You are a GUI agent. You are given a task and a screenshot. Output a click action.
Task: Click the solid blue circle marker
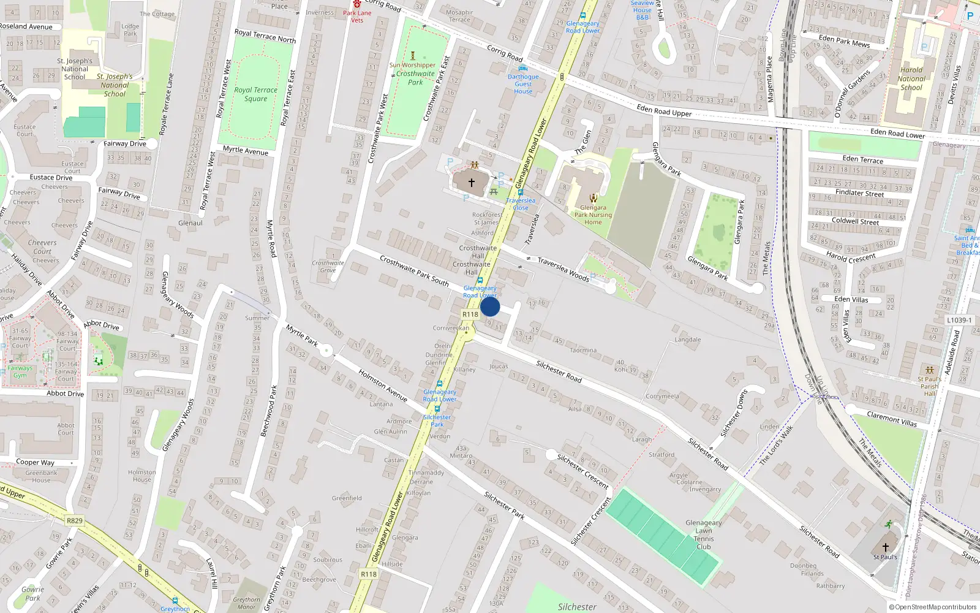click(490, 306)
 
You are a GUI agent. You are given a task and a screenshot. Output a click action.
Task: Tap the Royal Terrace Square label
click(255, 94)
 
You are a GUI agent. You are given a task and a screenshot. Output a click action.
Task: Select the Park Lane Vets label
click(357, 17)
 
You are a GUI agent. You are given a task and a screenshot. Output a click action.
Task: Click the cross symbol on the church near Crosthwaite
click(472, 183)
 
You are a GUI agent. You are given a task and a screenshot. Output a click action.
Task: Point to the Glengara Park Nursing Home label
click(593, 215)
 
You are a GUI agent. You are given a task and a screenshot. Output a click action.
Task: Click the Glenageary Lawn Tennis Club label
click(704, 535)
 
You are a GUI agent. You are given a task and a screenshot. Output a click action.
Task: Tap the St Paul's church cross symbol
click(885, 547)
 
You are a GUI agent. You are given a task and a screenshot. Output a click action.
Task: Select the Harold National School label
click(911, 78)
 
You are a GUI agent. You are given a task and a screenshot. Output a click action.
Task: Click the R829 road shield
click(74, 520)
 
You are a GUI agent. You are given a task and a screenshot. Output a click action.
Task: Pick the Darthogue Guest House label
click(523, 84)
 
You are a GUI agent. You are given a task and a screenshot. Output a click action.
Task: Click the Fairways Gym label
click(20, 371)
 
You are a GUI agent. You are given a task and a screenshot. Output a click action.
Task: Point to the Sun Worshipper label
click(412, 65)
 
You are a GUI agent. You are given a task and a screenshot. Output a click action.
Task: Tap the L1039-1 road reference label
click(959, 320)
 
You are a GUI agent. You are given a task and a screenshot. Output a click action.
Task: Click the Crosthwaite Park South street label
click(414, 270)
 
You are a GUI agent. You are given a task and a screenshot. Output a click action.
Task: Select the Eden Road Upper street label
click(664, 110)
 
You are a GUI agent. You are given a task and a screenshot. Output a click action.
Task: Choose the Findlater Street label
click(860, 192)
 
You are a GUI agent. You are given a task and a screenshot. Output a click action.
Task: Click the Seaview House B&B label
click(642, 10)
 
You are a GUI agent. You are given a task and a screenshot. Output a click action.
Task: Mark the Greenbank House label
click(42, 476)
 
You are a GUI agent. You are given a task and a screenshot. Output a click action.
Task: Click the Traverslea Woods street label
click(563, 269)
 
